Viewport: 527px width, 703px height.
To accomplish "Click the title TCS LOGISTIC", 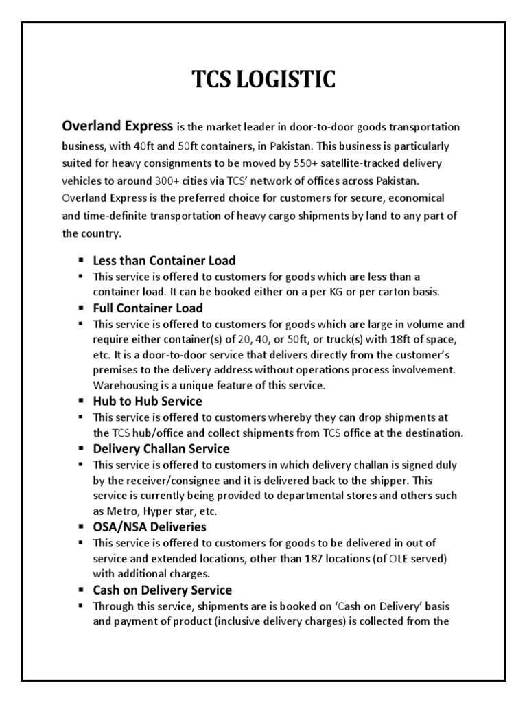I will click(263, 80).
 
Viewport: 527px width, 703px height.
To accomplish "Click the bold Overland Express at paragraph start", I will click(117, 127).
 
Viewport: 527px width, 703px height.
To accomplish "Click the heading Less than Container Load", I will click(164, 260).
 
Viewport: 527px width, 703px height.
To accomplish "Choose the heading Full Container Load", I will click(148, 308).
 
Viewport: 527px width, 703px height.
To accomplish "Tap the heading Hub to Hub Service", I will click(147, 401).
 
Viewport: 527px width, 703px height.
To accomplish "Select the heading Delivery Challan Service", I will click(161, 448).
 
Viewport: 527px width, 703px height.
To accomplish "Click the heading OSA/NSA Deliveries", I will click(150, 527).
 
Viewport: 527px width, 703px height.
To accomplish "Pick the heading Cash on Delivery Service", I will click(162, 590).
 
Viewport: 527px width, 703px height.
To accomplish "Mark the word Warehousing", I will click(124, 385).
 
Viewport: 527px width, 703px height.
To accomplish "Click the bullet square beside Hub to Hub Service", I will click(80, 401).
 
